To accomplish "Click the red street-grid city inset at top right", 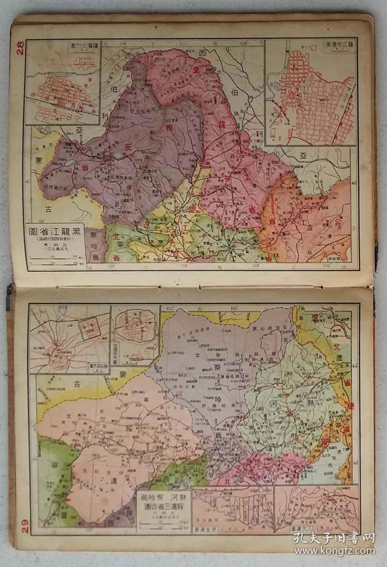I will click(x=307, y=94).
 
